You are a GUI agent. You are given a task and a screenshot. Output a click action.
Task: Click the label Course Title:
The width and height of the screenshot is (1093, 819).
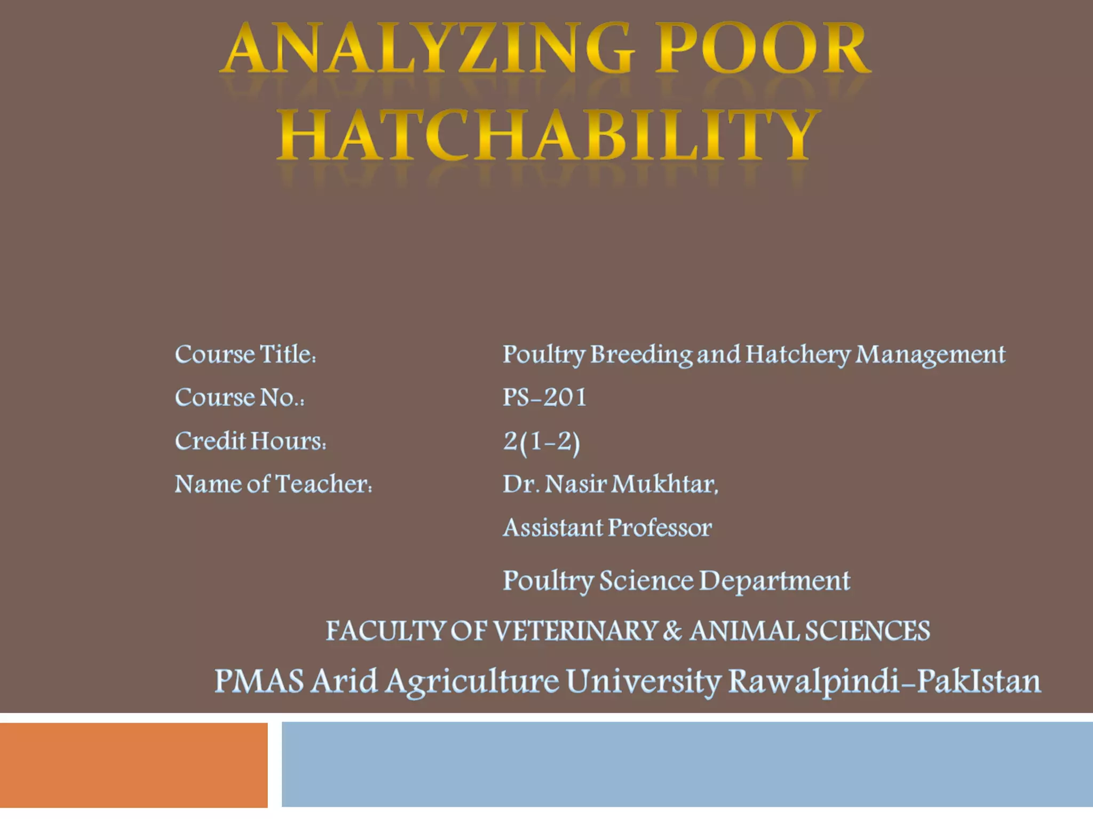(245, 355)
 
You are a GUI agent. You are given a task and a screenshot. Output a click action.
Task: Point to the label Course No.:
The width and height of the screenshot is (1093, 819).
(240, 398)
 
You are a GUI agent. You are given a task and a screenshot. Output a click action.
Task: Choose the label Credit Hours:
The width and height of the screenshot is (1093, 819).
(250, 441)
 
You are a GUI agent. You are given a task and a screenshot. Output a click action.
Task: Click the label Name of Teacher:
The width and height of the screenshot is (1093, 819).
(273, 485)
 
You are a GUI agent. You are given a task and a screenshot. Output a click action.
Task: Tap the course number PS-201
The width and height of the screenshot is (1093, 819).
(544, 398)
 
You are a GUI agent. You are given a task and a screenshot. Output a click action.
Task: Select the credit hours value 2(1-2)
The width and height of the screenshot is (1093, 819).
(541, 443)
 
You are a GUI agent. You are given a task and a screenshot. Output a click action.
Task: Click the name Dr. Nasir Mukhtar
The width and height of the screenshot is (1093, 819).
(611, 485)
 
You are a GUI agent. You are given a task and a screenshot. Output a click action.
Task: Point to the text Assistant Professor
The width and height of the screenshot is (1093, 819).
(607, 528)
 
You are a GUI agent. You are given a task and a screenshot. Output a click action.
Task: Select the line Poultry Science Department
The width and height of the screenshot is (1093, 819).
(676, 581)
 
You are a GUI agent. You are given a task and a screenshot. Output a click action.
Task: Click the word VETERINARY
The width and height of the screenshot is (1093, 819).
(574, 631)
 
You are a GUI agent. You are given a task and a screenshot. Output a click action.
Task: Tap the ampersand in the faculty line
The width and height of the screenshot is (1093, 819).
(672, 631)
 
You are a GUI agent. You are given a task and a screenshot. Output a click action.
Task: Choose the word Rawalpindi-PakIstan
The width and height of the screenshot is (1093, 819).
(884, 682)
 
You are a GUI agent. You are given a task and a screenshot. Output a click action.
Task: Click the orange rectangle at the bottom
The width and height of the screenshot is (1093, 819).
(133, 765)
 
